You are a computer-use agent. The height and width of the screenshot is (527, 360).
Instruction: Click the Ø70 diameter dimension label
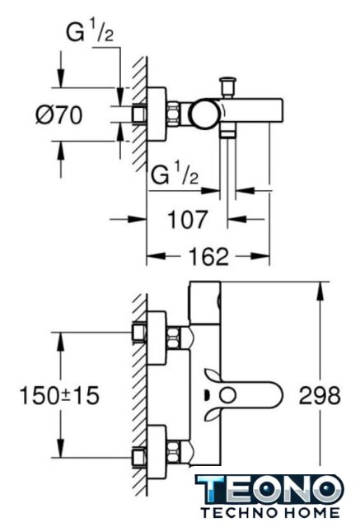coord(58,114)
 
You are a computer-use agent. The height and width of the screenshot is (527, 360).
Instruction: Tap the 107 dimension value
coord(188,220)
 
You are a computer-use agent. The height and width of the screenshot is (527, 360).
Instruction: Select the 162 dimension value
coord(209,256)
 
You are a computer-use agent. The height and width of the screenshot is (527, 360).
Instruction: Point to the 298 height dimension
coord(320,395)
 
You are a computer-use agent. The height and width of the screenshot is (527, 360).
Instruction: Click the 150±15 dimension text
coord(59,395)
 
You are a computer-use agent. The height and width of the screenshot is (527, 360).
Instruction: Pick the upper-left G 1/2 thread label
coord(90,33)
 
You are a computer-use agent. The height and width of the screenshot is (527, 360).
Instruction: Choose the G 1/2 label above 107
coord(175,175)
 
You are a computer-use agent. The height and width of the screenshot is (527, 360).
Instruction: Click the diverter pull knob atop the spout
coord(227,87)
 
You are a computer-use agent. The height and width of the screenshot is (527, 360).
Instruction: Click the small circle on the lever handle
coord(229,395)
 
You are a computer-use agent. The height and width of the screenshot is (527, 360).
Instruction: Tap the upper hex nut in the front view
coord(173,337)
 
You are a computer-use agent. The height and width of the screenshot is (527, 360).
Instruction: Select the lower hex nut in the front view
coord(173,451)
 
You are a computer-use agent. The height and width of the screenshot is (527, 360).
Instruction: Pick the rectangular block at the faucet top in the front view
coord(205,303)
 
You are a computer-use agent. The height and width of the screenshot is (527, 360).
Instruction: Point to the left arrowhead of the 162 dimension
coord(157,256)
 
